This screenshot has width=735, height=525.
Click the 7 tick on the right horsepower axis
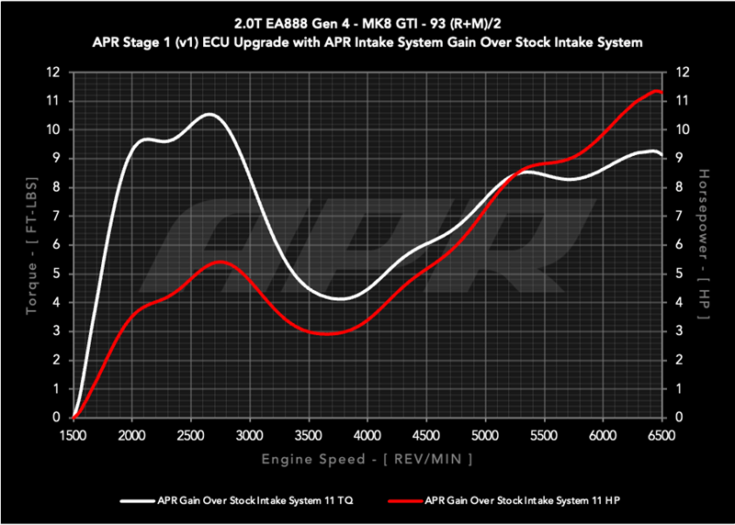tap(680, 216)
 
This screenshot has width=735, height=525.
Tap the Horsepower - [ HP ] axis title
tap(703, 244)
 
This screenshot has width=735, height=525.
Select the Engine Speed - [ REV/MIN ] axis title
tap(367, 456)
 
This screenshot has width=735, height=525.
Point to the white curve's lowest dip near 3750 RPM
tap(340, 298)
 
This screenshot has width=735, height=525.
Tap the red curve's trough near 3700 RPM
tap(332, 334)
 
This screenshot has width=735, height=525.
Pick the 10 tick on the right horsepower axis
tap(683, 129)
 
